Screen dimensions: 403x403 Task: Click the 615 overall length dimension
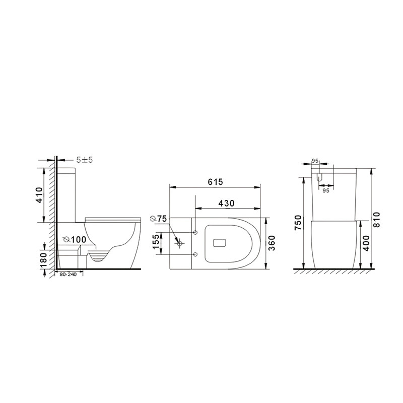click(x=215, y=182)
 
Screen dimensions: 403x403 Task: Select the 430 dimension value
click(x=226, y=204)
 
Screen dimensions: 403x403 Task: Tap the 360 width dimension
click(x=272, y=243)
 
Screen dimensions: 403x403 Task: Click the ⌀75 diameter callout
click(x=158, y=219)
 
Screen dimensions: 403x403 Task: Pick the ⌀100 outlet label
click(x=75, y=240)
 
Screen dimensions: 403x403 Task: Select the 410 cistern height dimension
click(x=39, y=195)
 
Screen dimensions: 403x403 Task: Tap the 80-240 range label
click(x=68, y=275)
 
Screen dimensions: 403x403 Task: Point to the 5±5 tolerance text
click(x=85, y=160)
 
